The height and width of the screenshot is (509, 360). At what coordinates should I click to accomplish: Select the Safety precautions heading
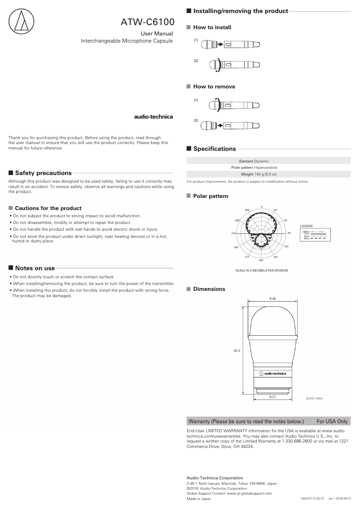(43, 173)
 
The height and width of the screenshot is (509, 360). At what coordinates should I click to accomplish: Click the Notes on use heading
(35, 268)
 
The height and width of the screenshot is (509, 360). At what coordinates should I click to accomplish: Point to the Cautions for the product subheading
(48, 208)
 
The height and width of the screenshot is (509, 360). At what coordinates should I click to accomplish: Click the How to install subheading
(212, 27)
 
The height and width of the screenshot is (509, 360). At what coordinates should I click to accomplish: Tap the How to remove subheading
(214, 87)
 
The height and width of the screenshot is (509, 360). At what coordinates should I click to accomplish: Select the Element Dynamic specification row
(268, 161)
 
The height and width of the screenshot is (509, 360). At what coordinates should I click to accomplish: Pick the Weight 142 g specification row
(268, 174)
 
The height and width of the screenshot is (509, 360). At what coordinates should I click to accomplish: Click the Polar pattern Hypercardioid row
(268, 167)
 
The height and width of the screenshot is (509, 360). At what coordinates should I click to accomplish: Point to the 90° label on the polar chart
(290, 233)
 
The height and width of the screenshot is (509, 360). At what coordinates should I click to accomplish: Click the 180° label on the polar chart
(261, 260)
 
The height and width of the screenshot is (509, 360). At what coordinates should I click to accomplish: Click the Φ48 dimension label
(272, 298)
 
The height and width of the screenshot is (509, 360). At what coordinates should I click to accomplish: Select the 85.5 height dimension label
(237, 351)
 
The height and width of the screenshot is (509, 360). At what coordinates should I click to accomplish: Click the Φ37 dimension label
(272, 397)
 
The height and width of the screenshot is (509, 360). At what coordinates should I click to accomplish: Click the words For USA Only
(332, 421)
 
